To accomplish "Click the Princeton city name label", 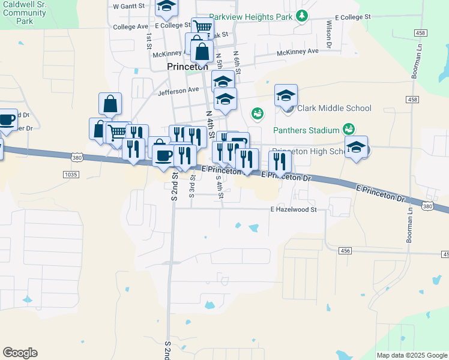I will [187, 67].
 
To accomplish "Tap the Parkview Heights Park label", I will [251, 17].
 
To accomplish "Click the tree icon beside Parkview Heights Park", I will [303, 16].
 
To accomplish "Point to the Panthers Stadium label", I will [306, 130].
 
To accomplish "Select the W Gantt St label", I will [130, 6].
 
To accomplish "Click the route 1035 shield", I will [70, 175].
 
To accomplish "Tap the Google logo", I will [20, 353].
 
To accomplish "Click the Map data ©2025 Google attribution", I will [411, 355].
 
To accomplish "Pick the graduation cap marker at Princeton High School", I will [357, 147].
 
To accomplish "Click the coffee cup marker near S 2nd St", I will [163, 155].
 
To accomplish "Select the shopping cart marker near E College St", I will [203, 27].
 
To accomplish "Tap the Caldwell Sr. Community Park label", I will [25, 12].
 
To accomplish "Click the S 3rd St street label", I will [192, 187].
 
